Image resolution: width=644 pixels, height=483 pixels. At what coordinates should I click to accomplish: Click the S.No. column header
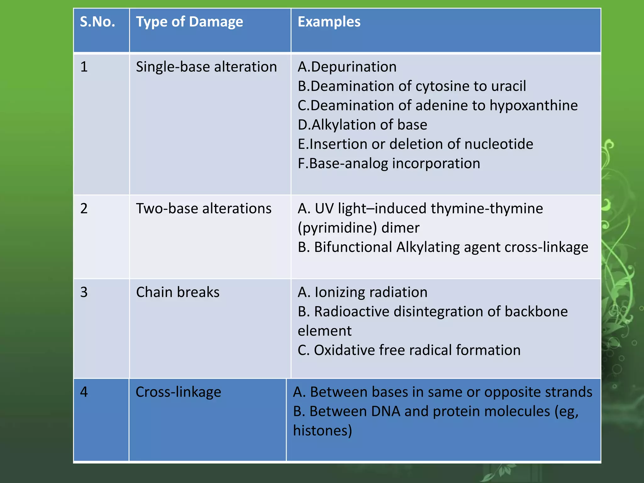[x=97, y=22]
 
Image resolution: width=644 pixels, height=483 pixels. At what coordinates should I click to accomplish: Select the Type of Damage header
[x=189, y=22]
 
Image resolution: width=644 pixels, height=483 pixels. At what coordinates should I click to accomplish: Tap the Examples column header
[x=329, y=22]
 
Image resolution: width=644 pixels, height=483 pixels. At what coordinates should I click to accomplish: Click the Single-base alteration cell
[x=206, y=67]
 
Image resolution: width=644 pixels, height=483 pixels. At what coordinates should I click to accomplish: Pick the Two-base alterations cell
[x=203, y=208]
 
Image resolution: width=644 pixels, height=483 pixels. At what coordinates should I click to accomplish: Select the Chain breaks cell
[x=178, y=292]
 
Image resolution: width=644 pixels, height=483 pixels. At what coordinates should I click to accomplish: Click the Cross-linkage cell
[x=178, y=392]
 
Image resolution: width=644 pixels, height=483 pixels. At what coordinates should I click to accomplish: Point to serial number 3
[x=84, y=292]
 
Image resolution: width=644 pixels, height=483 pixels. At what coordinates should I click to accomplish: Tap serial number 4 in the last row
[x=84, y=392]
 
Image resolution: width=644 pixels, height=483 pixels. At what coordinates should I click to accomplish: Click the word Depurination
[x=354, y=67]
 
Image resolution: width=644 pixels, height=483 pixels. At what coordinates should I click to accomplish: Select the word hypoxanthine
[x=534, y=106]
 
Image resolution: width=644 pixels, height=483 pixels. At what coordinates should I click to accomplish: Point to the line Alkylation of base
[x=363, y=125]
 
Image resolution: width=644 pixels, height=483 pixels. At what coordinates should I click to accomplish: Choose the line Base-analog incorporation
[x=389, y=164]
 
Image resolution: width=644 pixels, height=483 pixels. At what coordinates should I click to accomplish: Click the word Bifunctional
[x=353, y=247]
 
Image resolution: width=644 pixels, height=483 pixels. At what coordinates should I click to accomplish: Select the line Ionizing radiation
[x=363, y=292]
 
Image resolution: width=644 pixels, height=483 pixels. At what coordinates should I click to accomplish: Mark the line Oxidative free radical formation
[x=409, y=350]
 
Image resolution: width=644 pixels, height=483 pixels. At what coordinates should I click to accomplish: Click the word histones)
[x=322, y=430]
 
